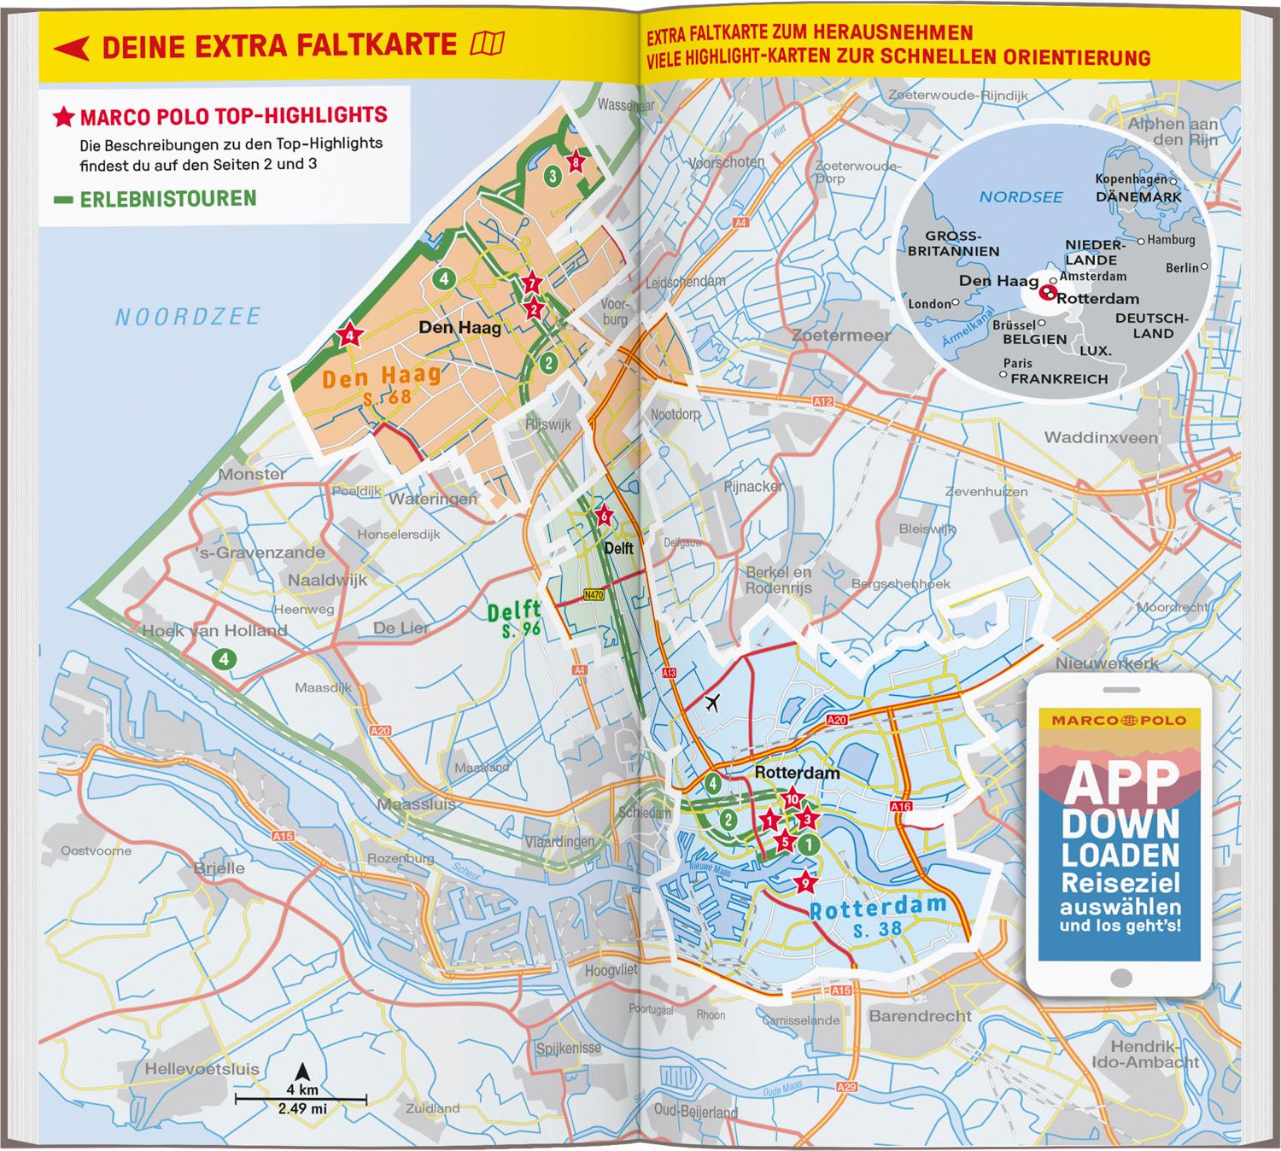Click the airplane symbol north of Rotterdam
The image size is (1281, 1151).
pos(710,703)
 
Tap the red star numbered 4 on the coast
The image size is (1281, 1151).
pos(350,336)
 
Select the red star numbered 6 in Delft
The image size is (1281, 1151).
pos(603,515)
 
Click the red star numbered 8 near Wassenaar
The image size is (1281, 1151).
pos(576,161)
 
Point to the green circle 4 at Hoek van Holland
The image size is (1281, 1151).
pos(224,659)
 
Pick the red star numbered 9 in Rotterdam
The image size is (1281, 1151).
pos(803,882)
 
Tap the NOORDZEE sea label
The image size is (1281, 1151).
pos(188,318)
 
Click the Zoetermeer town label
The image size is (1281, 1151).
pos(840,336)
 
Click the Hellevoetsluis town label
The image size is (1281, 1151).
pos(202,1069)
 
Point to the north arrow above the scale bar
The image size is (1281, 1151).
pos(301,1072)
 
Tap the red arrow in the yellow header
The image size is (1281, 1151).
pos(71,48)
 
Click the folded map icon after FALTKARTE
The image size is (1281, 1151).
pos(488,44)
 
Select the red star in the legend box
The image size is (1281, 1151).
pos(64,117)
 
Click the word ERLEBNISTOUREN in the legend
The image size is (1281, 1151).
pos(167,199)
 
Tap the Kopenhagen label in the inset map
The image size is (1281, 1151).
pos(1131,179)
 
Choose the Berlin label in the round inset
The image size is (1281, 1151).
pos(1182,268)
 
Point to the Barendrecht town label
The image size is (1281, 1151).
pos(920,1016)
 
